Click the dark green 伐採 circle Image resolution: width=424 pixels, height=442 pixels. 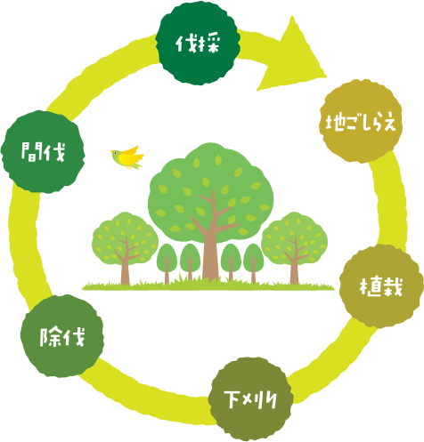tap(198, 44)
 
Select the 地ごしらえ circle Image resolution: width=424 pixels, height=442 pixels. tap(361, 121)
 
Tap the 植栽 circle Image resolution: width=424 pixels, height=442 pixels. tap(381, 286)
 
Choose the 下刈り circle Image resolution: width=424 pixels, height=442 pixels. tap(250, 399)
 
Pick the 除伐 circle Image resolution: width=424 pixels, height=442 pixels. tap(62, 336)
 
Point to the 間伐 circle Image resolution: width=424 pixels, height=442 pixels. tap(43, 152)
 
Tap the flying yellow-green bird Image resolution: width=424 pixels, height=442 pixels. tap(127, 157)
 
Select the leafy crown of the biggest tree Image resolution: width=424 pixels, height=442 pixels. tap(210, 193)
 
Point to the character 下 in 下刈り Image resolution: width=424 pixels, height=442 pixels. tap(232, 398)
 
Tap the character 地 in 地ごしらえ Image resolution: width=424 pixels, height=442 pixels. tap(336, 122)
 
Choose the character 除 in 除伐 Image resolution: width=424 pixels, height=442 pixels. tap(51, 337)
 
